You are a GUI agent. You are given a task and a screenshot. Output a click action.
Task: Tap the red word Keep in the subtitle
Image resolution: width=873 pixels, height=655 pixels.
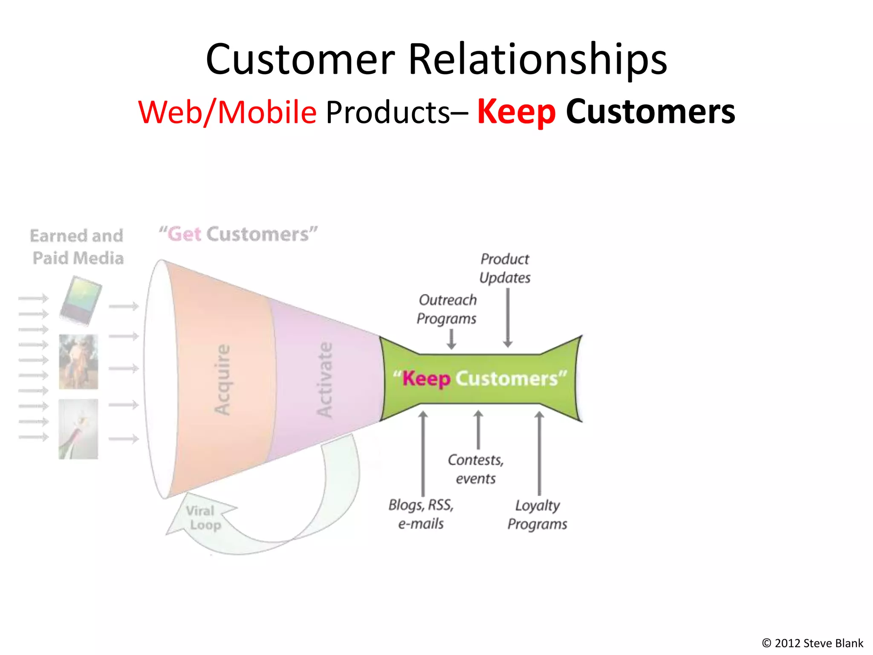[516, 112]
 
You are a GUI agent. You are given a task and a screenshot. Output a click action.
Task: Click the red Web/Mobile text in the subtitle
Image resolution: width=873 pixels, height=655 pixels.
[227, 112]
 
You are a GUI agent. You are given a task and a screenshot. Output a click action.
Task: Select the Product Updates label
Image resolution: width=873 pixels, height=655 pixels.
[505, 268]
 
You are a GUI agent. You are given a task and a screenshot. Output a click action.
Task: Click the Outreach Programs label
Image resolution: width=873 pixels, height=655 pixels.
[447, 309]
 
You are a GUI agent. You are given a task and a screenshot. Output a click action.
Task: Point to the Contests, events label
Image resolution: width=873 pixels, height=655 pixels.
[476, 469]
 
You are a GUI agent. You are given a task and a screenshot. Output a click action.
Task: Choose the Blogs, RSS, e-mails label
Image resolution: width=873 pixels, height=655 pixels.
[421, 514]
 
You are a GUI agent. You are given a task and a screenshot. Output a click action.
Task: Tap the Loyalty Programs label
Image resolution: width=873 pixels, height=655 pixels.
[537, 514]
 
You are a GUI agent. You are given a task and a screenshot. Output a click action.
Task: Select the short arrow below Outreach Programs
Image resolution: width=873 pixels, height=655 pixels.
[451, 339]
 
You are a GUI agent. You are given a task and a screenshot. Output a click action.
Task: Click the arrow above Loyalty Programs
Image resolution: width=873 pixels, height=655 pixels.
[539, 452]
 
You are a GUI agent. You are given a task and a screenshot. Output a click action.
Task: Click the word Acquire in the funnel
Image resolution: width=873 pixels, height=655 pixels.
[223, 380]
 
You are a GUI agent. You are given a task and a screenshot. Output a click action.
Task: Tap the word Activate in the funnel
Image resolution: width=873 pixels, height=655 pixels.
[325, 380]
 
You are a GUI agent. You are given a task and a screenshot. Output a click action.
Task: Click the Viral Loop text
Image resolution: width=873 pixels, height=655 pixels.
[203, 518]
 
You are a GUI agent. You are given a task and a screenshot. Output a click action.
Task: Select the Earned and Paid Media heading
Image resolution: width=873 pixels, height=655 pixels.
[77, 247]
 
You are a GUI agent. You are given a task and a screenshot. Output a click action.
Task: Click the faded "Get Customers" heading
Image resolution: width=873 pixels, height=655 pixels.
[238, 234]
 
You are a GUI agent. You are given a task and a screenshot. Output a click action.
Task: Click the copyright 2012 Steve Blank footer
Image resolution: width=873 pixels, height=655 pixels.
[812, 643]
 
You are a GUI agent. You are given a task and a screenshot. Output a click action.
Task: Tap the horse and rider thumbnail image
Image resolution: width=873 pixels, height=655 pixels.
[78, 362]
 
